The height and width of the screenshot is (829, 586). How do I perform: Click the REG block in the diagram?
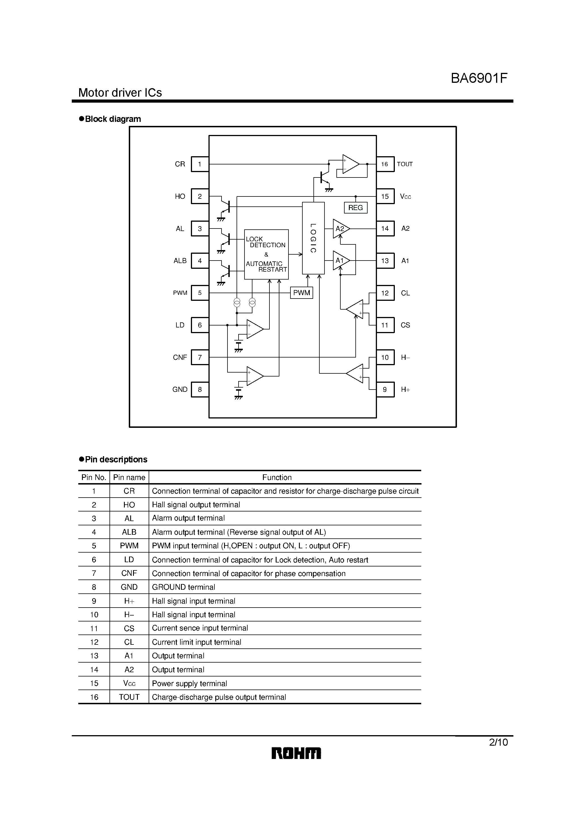point(355,208)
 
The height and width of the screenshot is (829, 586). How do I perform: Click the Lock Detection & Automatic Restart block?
point(266,254)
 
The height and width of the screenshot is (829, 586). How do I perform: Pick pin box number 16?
point(385,164)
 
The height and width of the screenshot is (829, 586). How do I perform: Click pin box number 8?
point(200,390)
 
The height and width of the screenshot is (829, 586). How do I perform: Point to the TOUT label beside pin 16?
point(405,164)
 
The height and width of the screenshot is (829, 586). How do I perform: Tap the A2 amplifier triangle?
point(340,229)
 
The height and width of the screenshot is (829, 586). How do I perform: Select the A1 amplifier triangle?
point(340,260)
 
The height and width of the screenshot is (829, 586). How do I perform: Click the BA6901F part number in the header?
point(479,78)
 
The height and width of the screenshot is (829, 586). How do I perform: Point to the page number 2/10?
point(498,742)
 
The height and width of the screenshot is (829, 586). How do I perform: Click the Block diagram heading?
point(113,119)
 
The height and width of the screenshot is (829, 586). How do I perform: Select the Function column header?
point(277,477)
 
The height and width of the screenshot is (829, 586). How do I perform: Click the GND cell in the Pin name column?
point(129,587)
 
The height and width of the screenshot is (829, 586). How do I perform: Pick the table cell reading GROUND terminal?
point(184,587)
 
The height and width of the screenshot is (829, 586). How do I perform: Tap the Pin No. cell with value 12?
point(94,642)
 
